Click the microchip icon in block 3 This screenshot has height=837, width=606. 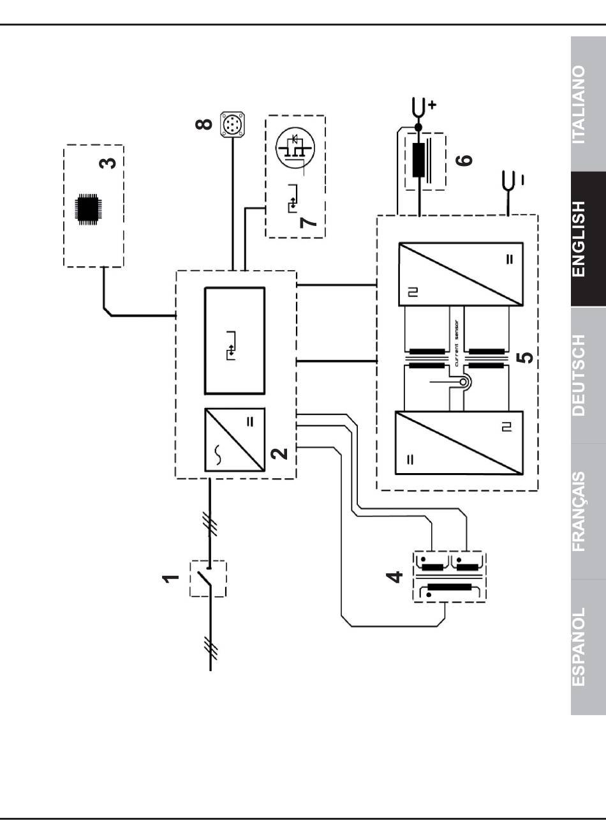coord(88,209)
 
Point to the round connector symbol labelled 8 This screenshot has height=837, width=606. coord(232,124)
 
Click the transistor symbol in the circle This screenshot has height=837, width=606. coord(295,147)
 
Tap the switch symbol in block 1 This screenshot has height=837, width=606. coord(207,578)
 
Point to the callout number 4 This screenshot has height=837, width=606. coord(394,577)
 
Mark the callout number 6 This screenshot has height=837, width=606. coord(464,160)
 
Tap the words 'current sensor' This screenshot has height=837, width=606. coord(456,343)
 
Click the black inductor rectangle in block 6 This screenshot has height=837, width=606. coord(418,160)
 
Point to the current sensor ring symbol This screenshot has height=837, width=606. coord(463,382)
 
